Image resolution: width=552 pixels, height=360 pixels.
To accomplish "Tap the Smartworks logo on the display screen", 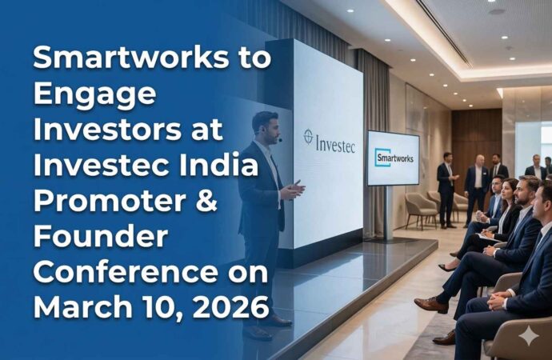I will click(393, 157).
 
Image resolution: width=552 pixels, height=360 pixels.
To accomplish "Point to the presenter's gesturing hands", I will click(293, 190).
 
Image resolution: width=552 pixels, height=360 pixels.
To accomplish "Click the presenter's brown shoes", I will click(275, 320).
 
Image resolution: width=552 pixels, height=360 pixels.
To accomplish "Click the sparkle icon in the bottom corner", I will click(529, 337).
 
